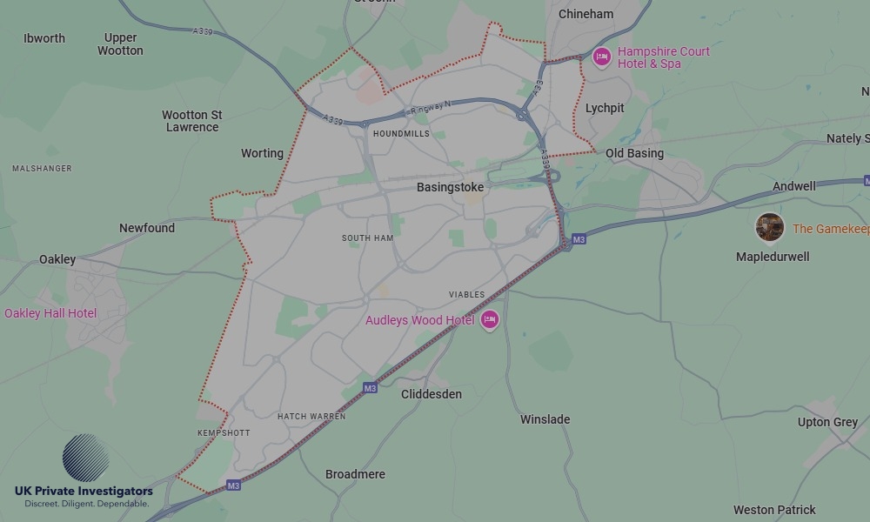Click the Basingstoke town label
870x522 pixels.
tap(450, 187)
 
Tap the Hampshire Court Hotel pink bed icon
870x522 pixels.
tap(601, 57)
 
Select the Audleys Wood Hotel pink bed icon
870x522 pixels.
tap(490, 320)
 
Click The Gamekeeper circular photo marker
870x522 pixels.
tap(769, 228)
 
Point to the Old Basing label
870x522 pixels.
tap(634, 153)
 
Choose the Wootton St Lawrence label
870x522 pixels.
tap(192, 121)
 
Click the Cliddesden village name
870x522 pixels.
tap(432, 394)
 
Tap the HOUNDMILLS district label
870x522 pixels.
tap(401, 134)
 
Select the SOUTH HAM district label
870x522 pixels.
tap(368, 238)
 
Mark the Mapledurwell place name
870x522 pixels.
tap(773, 257)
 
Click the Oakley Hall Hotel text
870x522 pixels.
tap(50, 313)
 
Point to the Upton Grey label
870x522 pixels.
tap(827, 422)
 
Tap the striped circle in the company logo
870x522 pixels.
tap(85, 458)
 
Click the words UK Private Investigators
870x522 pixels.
tap(84, 491)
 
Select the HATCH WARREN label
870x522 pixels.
tap(311, 417)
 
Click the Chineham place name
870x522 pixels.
tap(586, 14)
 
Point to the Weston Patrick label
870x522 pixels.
tap(774, 510)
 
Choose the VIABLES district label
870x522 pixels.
tap(467, 295)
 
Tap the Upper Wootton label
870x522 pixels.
tap(120, 44)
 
